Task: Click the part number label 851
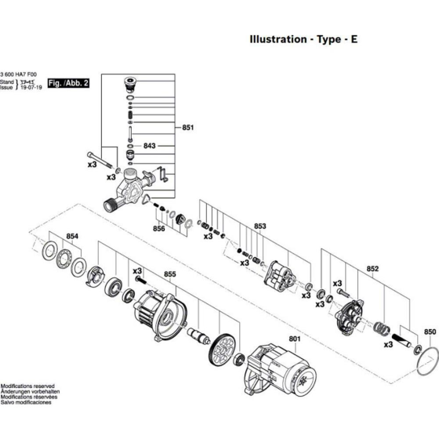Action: point(187,127)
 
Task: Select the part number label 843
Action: point(150,147)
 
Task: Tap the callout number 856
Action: point(159,229)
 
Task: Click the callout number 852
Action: point(372,269)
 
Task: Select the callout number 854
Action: point(72,236)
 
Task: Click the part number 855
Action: point(169,275)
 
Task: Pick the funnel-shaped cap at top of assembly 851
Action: point(131,84)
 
